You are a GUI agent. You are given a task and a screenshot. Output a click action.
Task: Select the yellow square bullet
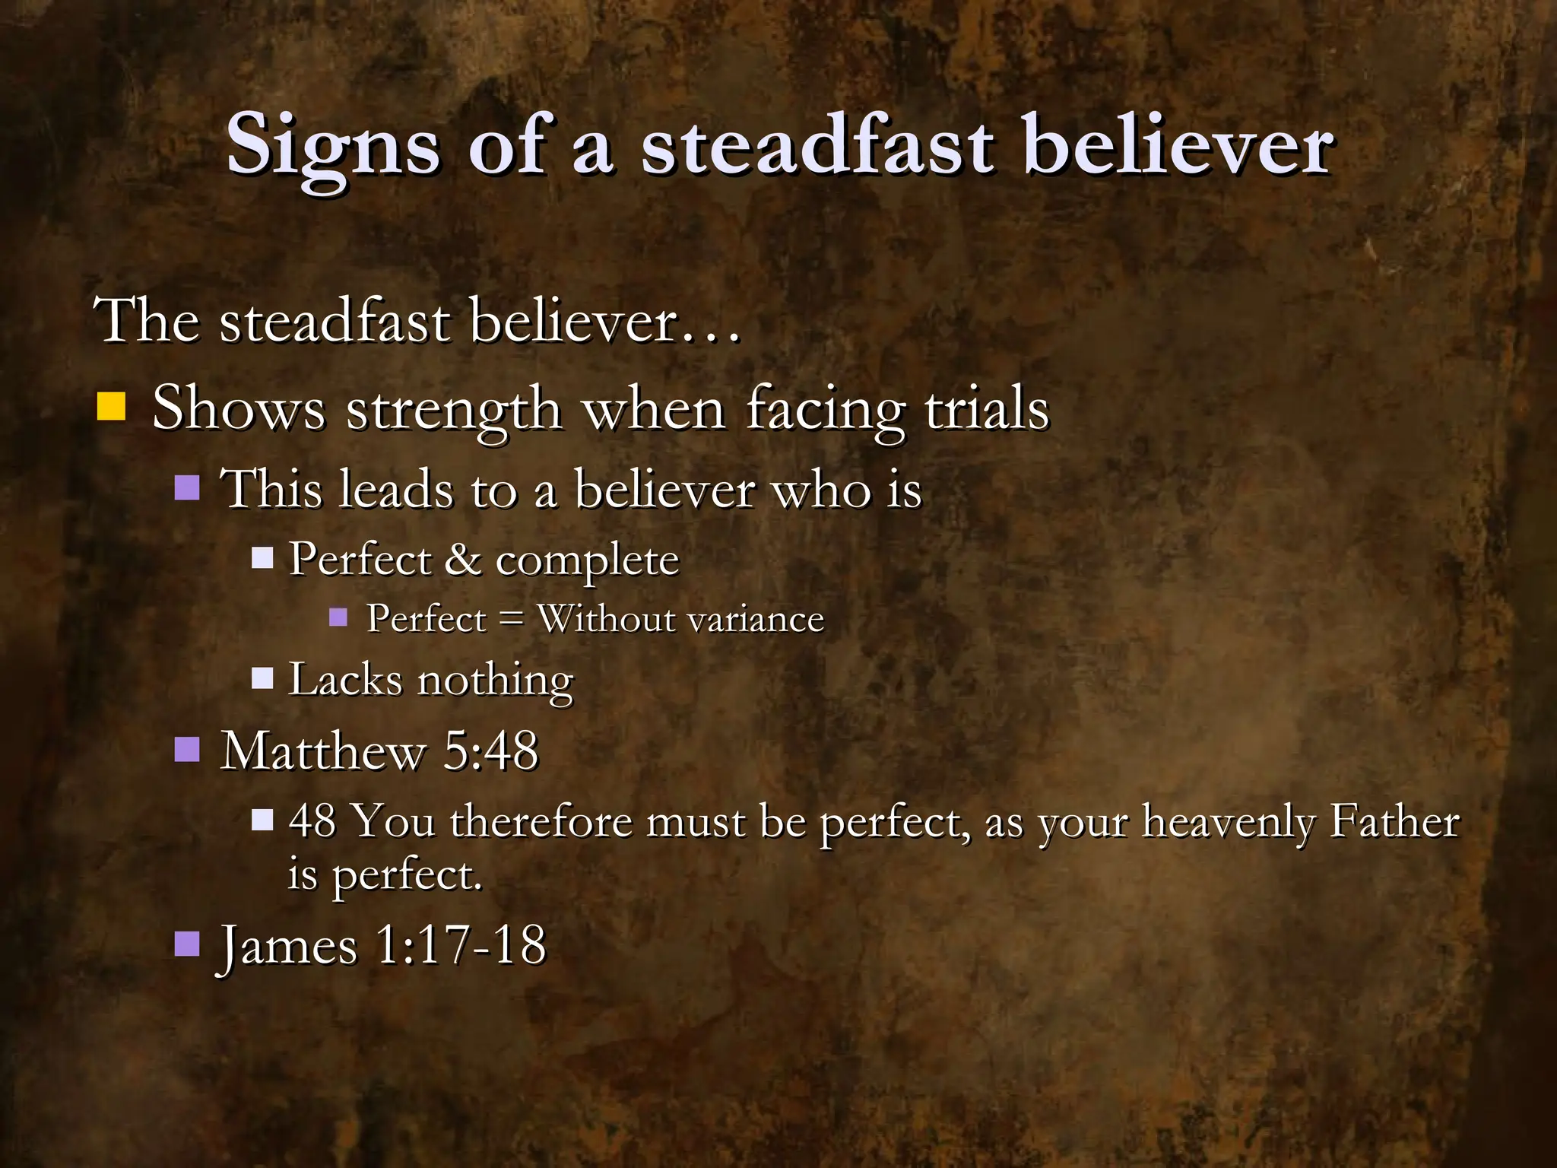point(111,407)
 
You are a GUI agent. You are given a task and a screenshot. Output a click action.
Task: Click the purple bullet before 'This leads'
point(187,487)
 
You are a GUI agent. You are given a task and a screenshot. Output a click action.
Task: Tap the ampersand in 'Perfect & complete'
point(463,560)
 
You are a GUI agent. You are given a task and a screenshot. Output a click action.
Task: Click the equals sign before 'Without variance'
point(511,619)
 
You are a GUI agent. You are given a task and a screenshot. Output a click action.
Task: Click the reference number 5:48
point(490,751)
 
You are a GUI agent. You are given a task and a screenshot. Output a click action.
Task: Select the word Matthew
point(322,751)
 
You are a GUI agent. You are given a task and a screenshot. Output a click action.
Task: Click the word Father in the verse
point(1394,821)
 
